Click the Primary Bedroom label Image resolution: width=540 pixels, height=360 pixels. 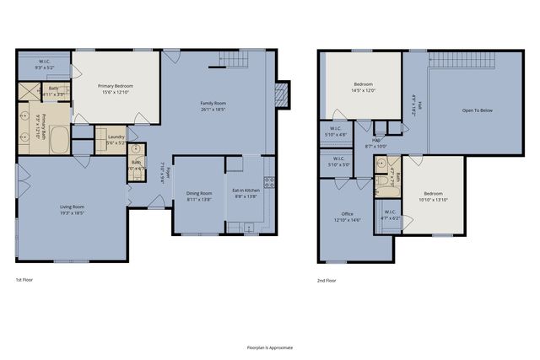click(116, 85)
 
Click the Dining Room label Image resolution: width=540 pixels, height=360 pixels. click(199, 193)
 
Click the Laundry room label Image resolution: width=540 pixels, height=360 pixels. click(116, 137)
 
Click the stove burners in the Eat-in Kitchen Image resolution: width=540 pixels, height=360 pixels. click(269, 181)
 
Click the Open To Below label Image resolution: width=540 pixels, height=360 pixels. click(478, 110)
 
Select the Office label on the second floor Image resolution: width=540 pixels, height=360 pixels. click(347, 214)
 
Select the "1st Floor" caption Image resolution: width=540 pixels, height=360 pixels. click(25, 279)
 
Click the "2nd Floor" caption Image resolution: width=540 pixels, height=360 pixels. click(327, 279)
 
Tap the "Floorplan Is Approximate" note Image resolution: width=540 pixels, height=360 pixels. click(270, 347)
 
